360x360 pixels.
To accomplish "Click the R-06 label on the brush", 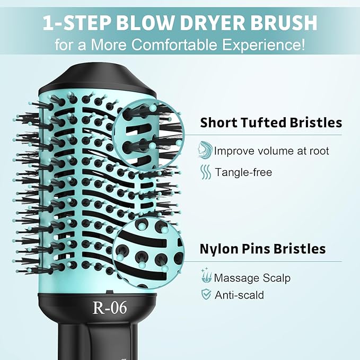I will coord(110,308).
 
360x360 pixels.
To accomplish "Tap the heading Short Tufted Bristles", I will coord(271,123).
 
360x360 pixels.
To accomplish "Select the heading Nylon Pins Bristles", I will coord(262,249).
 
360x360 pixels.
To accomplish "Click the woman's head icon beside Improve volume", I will coord(205,150).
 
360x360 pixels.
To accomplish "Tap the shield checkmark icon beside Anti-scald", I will coord(206,295).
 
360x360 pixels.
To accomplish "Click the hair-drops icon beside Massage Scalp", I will coord(206,277).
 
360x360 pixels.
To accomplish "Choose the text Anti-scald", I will coord(239,295).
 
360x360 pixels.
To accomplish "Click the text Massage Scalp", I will coord(252,278).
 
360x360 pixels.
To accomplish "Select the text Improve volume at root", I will coord(271,151).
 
